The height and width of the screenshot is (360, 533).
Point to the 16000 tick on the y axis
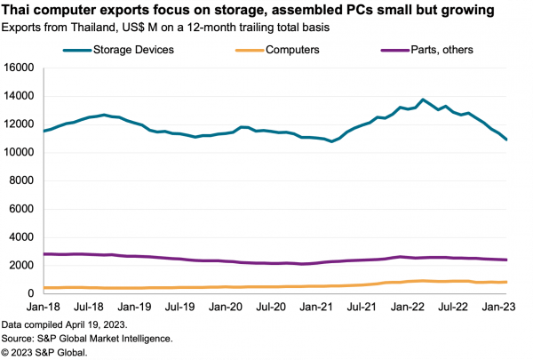pyautogui.click(x=19, y=68)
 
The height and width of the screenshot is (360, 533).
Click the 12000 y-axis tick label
pyautogui.click(x=19, y=124)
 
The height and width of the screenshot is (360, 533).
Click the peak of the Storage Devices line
pyautogui.click(x=423, y=100)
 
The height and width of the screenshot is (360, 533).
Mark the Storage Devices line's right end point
pyautogui.click(x=507, y=140)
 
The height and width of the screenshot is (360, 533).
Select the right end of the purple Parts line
pyautogui.click(x=507, y=260)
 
